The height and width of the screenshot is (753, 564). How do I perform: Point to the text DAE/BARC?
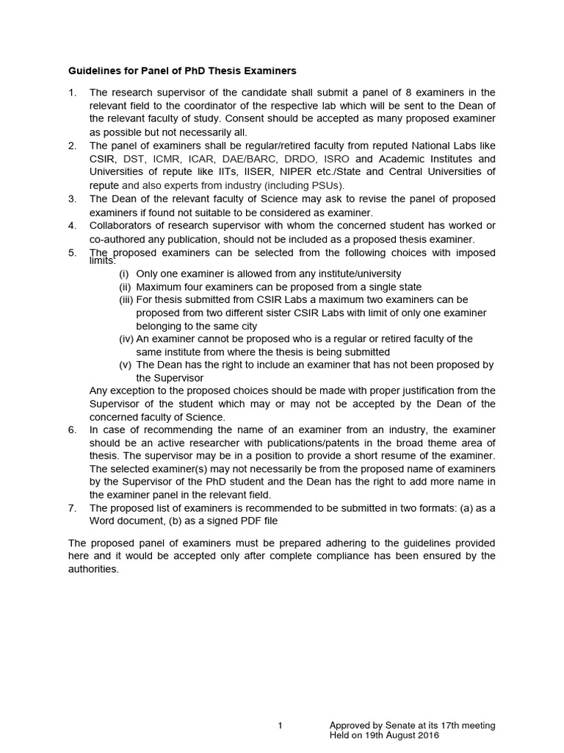point(263,159)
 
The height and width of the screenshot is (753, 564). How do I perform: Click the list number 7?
point(72,508)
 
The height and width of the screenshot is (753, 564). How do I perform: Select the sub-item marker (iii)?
point(126,300)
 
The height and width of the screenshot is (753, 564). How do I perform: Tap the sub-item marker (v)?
point(126,365)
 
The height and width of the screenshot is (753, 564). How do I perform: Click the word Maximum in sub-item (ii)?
point(159,287)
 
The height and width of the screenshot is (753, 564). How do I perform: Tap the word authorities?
point(93,569)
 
